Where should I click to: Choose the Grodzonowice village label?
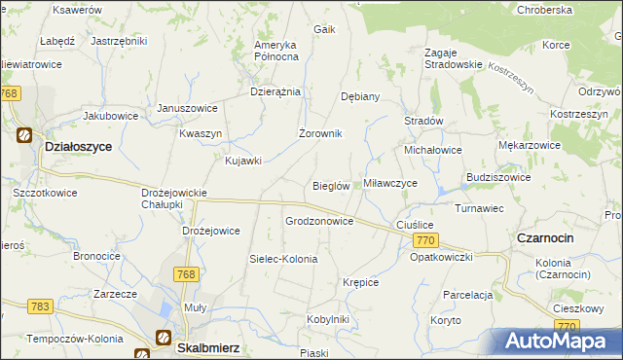click(x=319, y=221)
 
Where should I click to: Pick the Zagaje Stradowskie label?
click(x=453, y=57)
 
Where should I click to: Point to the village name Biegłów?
click(x=331, y=186)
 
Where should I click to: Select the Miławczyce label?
click(x=390, y=183)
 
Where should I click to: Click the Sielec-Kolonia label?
click(x=283, y=259)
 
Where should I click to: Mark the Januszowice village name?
click(x=188, y=108)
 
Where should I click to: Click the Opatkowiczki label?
click(x=441, y=257)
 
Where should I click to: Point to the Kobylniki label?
click(x=327, y=318)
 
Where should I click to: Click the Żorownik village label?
click(x=319, y=133)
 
